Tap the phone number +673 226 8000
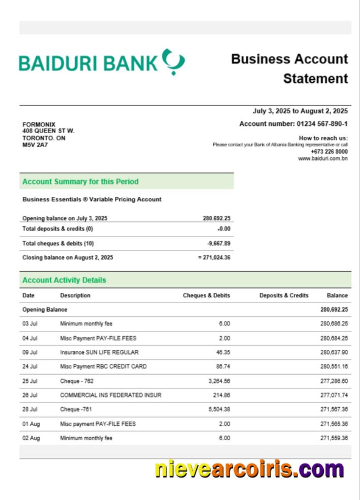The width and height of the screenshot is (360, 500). pyautogui.click(x=329, y=151)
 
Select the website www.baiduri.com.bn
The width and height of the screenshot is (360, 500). pyautogui.click(x=323, y=158)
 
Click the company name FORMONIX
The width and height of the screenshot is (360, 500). pyautogui.click(x=39, y=124)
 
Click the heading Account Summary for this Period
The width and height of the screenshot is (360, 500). pyautogui.click(x=80, y=182)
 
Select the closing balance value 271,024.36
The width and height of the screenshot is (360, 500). pyautogui.click(x=216, y=257)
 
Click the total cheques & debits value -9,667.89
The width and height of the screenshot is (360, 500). pyautogui.click(x=218, y=244)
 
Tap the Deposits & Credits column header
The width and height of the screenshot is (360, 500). pyautogui.click(x=284, y=295)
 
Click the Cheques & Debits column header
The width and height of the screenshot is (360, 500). pyautogui.click(x=206, y=295)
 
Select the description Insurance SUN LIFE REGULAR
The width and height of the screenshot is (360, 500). pyautogui.click(x=99, y=352)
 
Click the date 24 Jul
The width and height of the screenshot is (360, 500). pyautogui.click(x=30, y=366)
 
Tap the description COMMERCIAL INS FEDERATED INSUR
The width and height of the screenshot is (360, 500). pyautogui.click(x=111, y=395)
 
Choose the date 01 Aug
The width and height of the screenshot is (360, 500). pyautogui.click(x=30, y=424)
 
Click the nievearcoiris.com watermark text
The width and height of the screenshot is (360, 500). pyautogui.click(x=249, y=469)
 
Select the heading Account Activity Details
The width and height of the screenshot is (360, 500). pyautogui.click(x=64, y=280)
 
